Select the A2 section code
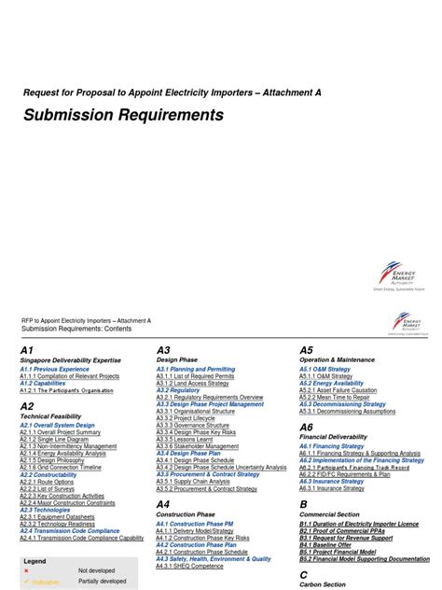tap(26, 406)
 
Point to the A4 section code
tap(163, 504)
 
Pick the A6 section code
tap(306, 427)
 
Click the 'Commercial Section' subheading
tap(328, 514)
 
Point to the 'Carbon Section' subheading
tap(322, 585)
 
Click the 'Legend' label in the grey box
tap(35, 561)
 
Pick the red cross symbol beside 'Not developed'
tap(26, 570)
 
